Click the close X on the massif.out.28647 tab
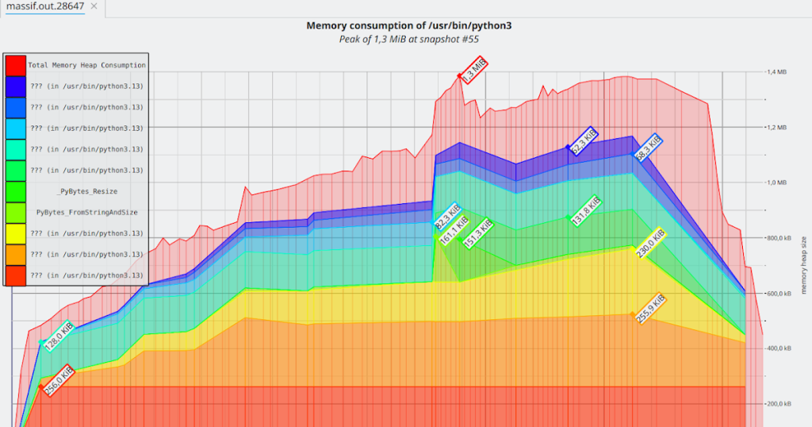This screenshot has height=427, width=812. coord(94,6)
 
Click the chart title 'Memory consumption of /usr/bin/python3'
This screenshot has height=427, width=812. coord(408,25)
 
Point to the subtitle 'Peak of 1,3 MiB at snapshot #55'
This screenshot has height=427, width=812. coord(408,38)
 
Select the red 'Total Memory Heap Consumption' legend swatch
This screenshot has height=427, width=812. coord(16,65)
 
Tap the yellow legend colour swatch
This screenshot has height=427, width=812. coord(16,233)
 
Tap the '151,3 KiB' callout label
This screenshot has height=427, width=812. coord(478,233)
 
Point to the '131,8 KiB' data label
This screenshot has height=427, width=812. coord(586,210)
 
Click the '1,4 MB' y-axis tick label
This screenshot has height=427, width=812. coord(776,72)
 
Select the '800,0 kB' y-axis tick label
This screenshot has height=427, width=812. coord(778,238)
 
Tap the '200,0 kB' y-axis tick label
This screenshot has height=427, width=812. coord(778,404)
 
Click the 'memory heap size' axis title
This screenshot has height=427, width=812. coord(803,264)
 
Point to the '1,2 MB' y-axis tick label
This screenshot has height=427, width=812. coord(776,127)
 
